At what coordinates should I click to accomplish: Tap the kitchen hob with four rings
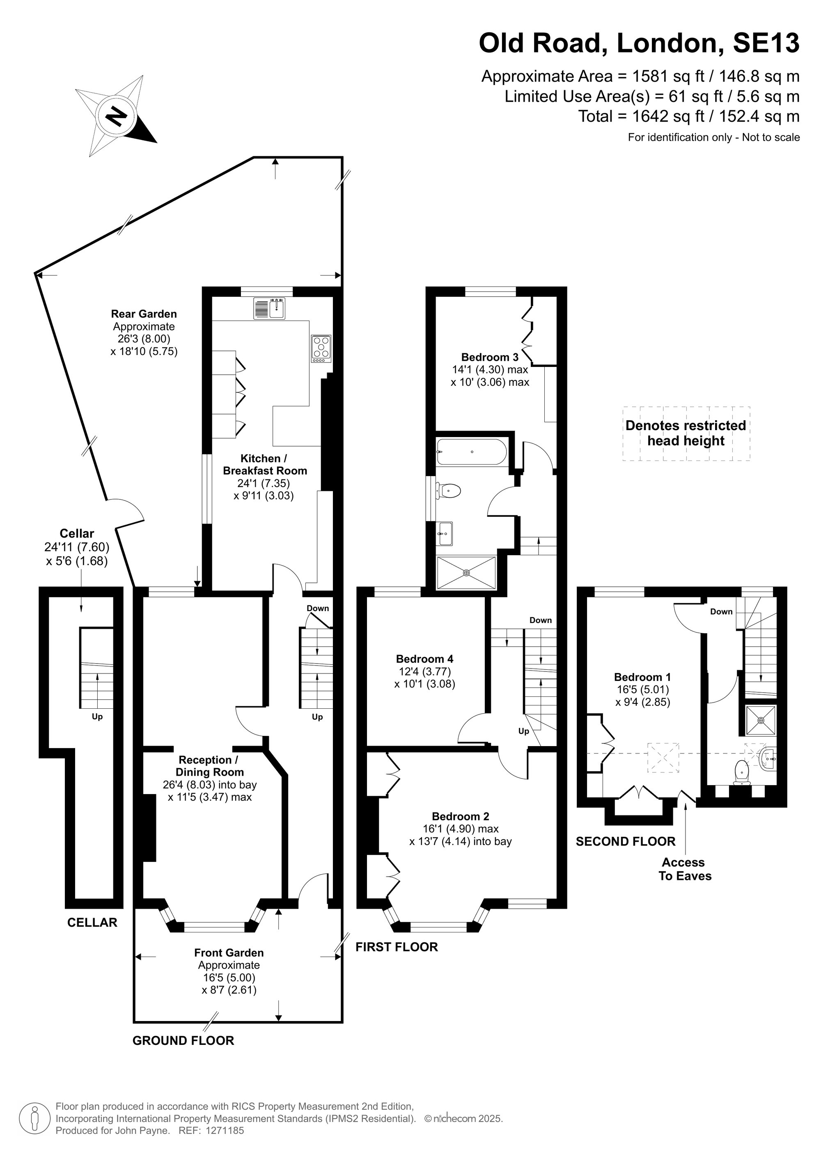[x=321, y=349]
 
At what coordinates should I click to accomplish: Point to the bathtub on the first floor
[x=471, y=451]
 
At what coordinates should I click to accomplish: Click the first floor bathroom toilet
[x=449, y=490]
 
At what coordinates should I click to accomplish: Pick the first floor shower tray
[x=466, y=572]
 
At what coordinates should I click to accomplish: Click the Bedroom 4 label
[x=424, y=659]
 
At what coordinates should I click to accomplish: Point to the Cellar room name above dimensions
[x=77, y=534]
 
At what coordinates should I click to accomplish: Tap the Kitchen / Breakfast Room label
[x=264, y=464]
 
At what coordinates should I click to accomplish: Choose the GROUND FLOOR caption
[x=183, y=1040]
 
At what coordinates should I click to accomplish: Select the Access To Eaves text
[x=685, y=869]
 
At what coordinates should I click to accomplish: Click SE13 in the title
[x=766, y=43]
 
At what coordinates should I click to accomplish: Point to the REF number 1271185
[x=224, y=1131]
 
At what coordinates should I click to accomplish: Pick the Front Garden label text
[x=229, y=953]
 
